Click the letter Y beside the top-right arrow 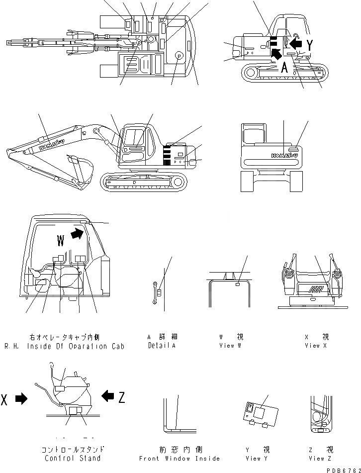point(310,45)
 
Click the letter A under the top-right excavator point(285,68)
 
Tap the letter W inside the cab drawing point(61,241)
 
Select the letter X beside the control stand point(4,399)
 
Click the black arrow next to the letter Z point(107,396)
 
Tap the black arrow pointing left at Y point(295,45)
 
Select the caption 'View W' point(230,345)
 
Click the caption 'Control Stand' point(72,458)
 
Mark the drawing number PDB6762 point(344,469)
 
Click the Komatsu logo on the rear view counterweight point(284,156)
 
